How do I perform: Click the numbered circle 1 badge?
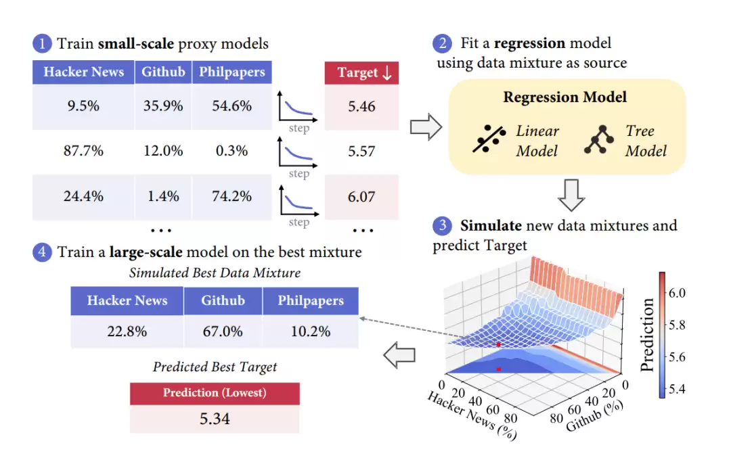tap(42, 43)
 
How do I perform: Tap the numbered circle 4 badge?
tap(42, 252)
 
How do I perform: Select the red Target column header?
tap(361, 72)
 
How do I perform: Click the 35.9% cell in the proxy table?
tap(163, 106)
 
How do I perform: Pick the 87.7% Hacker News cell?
tap(83, 151)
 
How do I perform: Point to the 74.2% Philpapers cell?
tap(231, 196)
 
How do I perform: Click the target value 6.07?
tap(361, 197)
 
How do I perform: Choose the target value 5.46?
tap(361, 106)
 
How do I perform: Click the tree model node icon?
tap(599, 139)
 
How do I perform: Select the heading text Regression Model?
tap(565, 97)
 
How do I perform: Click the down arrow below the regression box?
tap(571, 196)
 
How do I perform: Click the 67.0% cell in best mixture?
tap(223, 331)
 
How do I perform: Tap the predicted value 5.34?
tap(215, 419)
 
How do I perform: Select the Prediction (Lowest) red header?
tap(215, 393)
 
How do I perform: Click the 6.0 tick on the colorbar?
tap(677, 293)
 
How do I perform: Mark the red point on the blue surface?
tap(498, 344)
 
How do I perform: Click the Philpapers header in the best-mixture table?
tap(311, 301)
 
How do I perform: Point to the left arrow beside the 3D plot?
tap(399, 355)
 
